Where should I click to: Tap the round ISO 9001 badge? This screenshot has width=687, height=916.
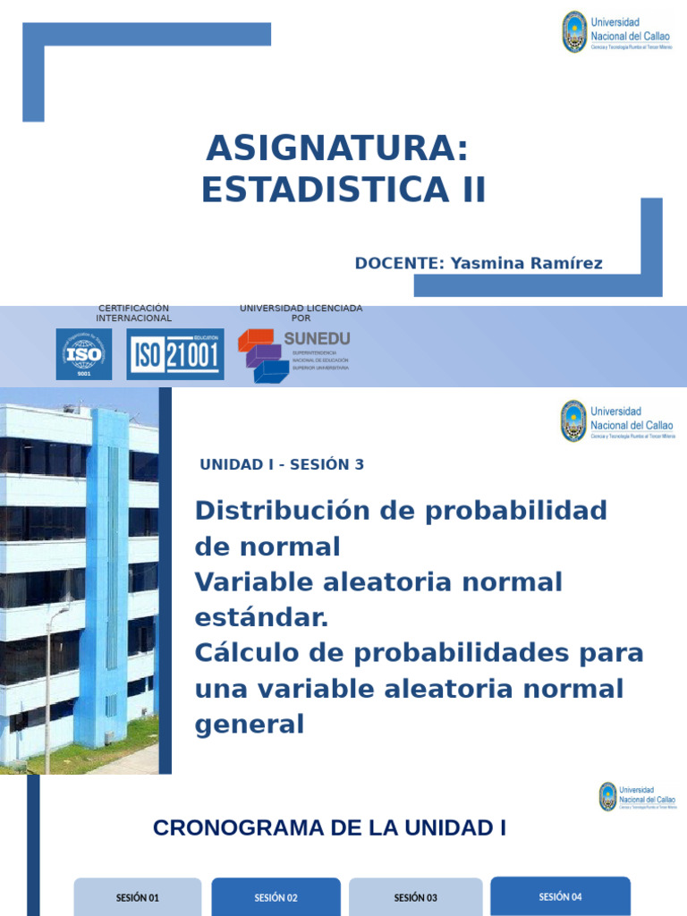click(84, 353)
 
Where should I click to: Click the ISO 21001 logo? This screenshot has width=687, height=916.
click(175, 354)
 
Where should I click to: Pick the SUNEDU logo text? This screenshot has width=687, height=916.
click(317, 338)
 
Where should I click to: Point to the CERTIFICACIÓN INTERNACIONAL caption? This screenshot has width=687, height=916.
click(133, 313)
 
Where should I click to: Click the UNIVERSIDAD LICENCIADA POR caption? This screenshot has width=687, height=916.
click(301, 313)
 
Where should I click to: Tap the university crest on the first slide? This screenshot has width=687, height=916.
click(573, 32)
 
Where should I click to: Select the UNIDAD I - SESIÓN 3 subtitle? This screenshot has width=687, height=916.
click(282, 464)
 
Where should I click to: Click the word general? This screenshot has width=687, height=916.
click(250, 725)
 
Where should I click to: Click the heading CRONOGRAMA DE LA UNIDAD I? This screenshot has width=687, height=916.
click(329, 828)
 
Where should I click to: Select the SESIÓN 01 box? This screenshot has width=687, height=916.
click(138, 897)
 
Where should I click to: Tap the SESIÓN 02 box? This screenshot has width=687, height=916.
click(276, 897)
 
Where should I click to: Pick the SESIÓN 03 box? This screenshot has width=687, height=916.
click(415, 897)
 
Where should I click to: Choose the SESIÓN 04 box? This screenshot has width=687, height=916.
click(560, 896)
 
